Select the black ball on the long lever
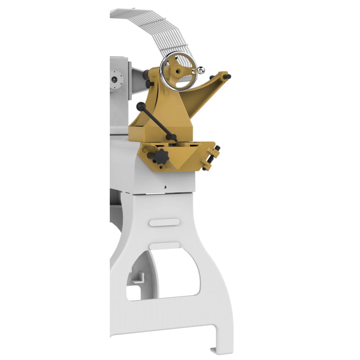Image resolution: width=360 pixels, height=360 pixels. [x=141, y=107]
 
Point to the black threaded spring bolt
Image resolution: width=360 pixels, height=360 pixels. [x=211, y=157]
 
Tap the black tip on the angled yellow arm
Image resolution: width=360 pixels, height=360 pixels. [x=227, y=76]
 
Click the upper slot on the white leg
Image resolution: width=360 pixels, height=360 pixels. [x=164, y=222]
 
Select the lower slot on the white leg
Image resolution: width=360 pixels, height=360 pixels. [x=165, y=246]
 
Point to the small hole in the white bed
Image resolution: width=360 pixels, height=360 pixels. [x=165, y=187]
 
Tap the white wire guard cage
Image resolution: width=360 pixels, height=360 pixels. [x=155, y=25]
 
